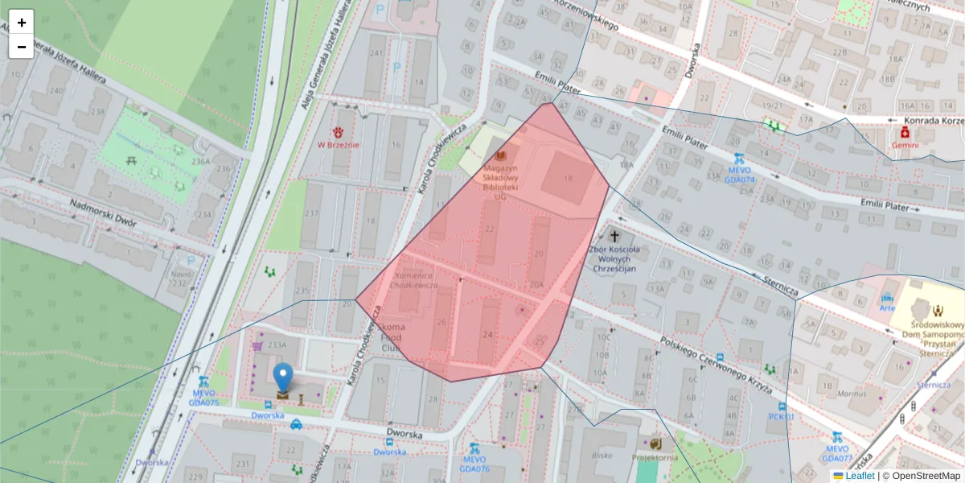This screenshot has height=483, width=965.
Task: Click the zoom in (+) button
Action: pos(22,23)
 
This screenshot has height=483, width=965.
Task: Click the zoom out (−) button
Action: pos(22,47)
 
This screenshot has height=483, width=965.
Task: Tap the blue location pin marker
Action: pos(283,378)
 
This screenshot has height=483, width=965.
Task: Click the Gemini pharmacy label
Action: pos(905,145)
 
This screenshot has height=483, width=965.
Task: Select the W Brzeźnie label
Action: pos(338,145)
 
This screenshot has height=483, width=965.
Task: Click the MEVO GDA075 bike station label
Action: pos(203,397)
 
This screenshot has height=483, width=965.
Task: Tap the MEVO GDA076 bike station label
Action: pos(474,464)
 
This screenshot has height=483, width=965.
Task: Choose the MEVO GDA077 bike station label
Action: pos(837,453)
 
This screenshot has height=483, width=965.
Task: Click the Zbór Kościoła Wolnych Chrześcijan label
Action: pos(614,258)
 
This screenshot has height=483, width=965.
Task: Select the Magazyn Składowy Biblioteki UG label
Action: pos(500,176)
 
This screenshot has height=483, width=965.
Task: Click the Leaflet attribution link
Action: pos(859,476)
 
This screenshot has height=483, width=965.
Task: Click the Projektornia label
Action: pos(655,457)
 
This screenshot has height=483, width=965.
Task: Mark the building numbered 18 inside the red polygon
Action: pos(569,178)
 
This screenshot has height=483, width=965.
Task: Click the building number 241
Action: pos(375,52)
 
